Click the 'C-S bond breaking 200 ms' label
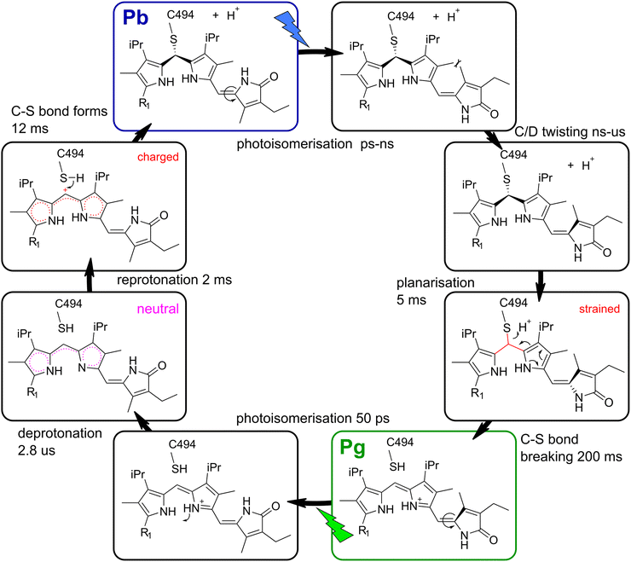click(563, 452)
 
